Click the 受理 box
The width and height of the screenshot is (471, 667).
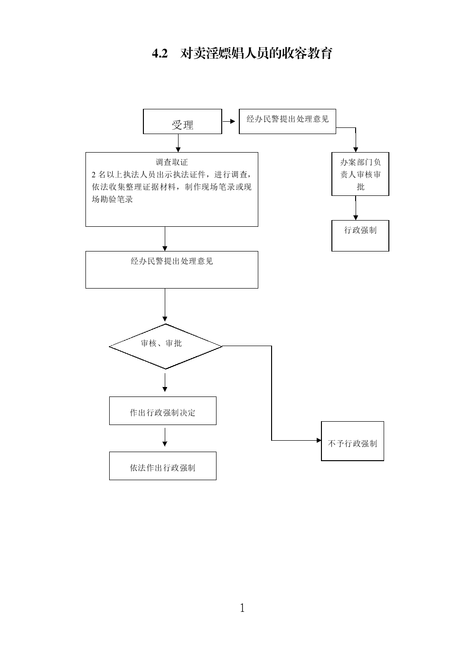182,122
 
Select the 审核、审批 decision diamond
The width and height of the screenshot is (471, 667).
166,346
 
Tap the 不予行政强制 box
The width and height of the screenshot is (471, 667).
352,441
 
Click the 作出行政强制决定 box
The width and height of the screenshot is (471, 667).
162,411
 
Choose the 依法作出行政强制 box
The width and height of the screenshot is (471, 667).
162,466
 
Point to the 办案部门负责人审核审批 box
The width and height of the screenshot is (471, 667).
360,174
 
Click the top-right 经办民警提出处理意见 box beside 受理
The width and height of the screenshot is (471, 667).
287,121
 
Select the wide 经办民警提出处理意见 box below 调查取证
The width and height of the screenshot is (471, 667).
171,270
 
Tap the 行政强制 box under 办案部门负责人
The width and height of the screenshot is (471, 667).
360,235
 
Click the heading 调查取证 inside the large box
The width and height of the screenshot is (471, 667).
172,162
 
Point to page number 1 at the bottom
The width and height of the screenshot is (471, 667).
242,608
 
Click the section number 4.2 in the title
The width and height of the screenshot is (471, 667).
160,53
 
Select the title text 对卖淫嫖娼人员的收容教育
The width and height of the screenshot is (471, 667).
256,53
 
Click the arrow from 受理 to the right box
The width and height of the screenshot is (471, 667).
229,121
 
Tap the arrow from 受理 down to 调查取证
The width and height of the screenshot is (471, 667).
178,143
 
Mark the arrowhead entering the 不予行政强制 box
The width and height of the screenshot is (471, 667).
319,440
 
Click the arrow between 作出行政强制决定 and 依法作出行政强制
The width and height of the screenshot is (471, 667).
165,438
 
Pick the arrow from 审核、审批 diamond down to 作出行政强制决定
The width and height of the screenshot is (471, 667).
165,383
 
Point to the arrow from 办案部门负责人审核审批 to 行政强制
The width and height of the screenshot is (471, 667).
356,208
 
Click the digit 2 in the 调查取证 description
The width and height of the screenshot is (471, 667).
94,174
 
